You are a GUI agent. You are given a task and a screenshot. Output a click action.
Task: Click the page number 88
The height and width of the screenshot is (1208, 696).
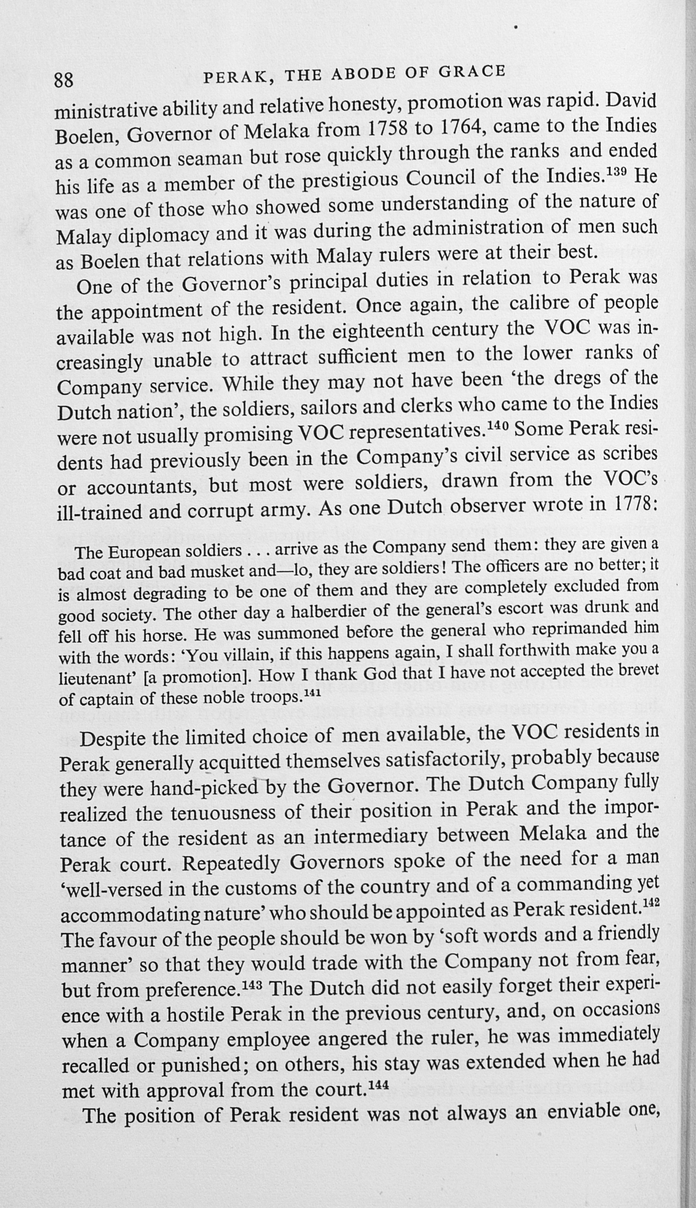[x=64, y=80]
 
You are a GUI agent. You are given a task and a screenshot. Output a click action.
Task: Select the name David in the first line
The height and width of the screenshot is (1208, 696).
[x=631, y=101]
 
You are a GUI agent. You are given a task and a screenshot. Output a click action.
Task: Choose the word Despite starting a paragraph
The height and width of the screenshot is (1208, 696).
[x=113, y=739]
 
